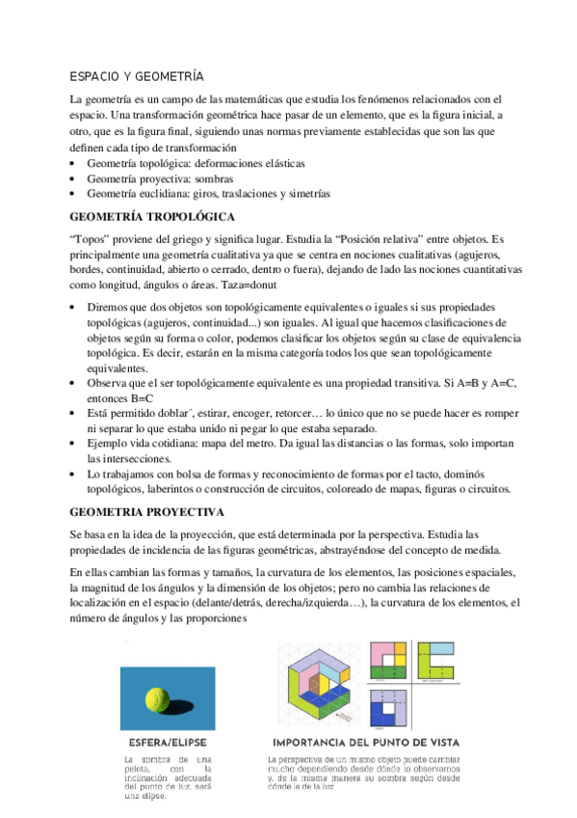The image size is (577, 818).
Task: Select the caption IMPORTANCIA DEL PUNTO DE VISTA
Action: pyautogui.click(x=365, y=743)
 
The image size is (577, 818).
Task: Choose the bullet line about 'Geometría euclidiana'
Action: pyautogui.click(x=207, y=193)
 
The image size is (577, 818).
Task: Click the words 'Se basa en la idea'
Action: pyautogui.click(x=114, y=533)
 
